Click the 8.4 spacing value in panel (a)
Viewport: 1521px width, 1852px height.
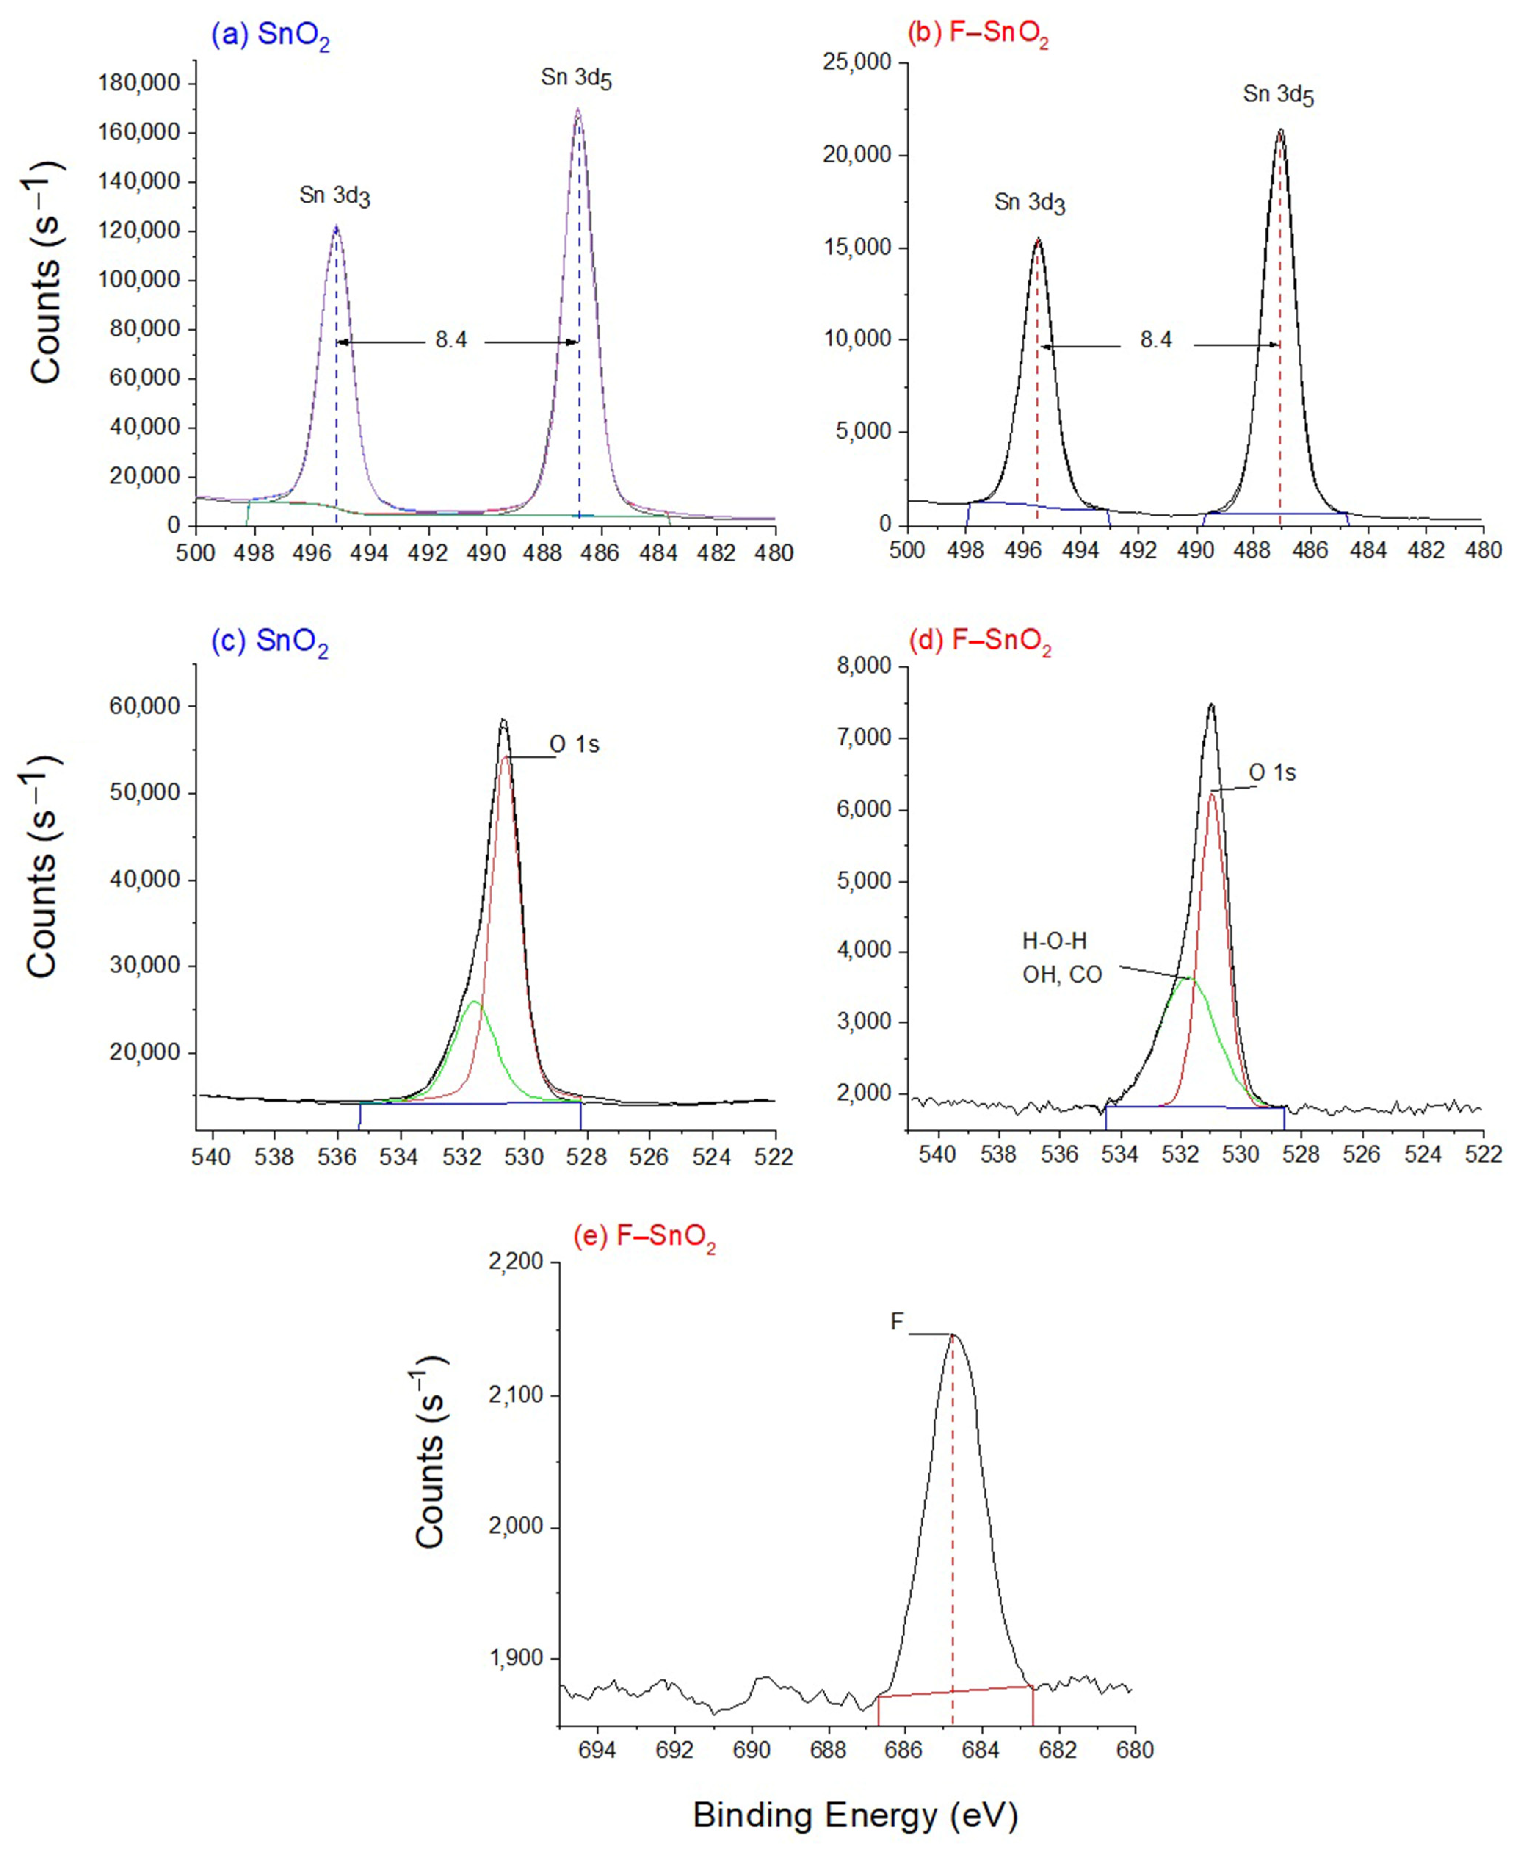pyautogui.click(x=451, y=340)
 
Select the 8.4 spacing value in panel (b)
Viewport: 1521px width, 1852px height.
pyautogui.click(x=1156, y=340)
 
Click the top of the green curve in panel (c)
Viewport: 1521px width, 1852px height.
pyautogui.click(x=474, y=1002)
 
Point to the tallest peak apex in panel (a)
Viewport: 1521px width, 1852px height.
pyautogui.click(x=577, y=109)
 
